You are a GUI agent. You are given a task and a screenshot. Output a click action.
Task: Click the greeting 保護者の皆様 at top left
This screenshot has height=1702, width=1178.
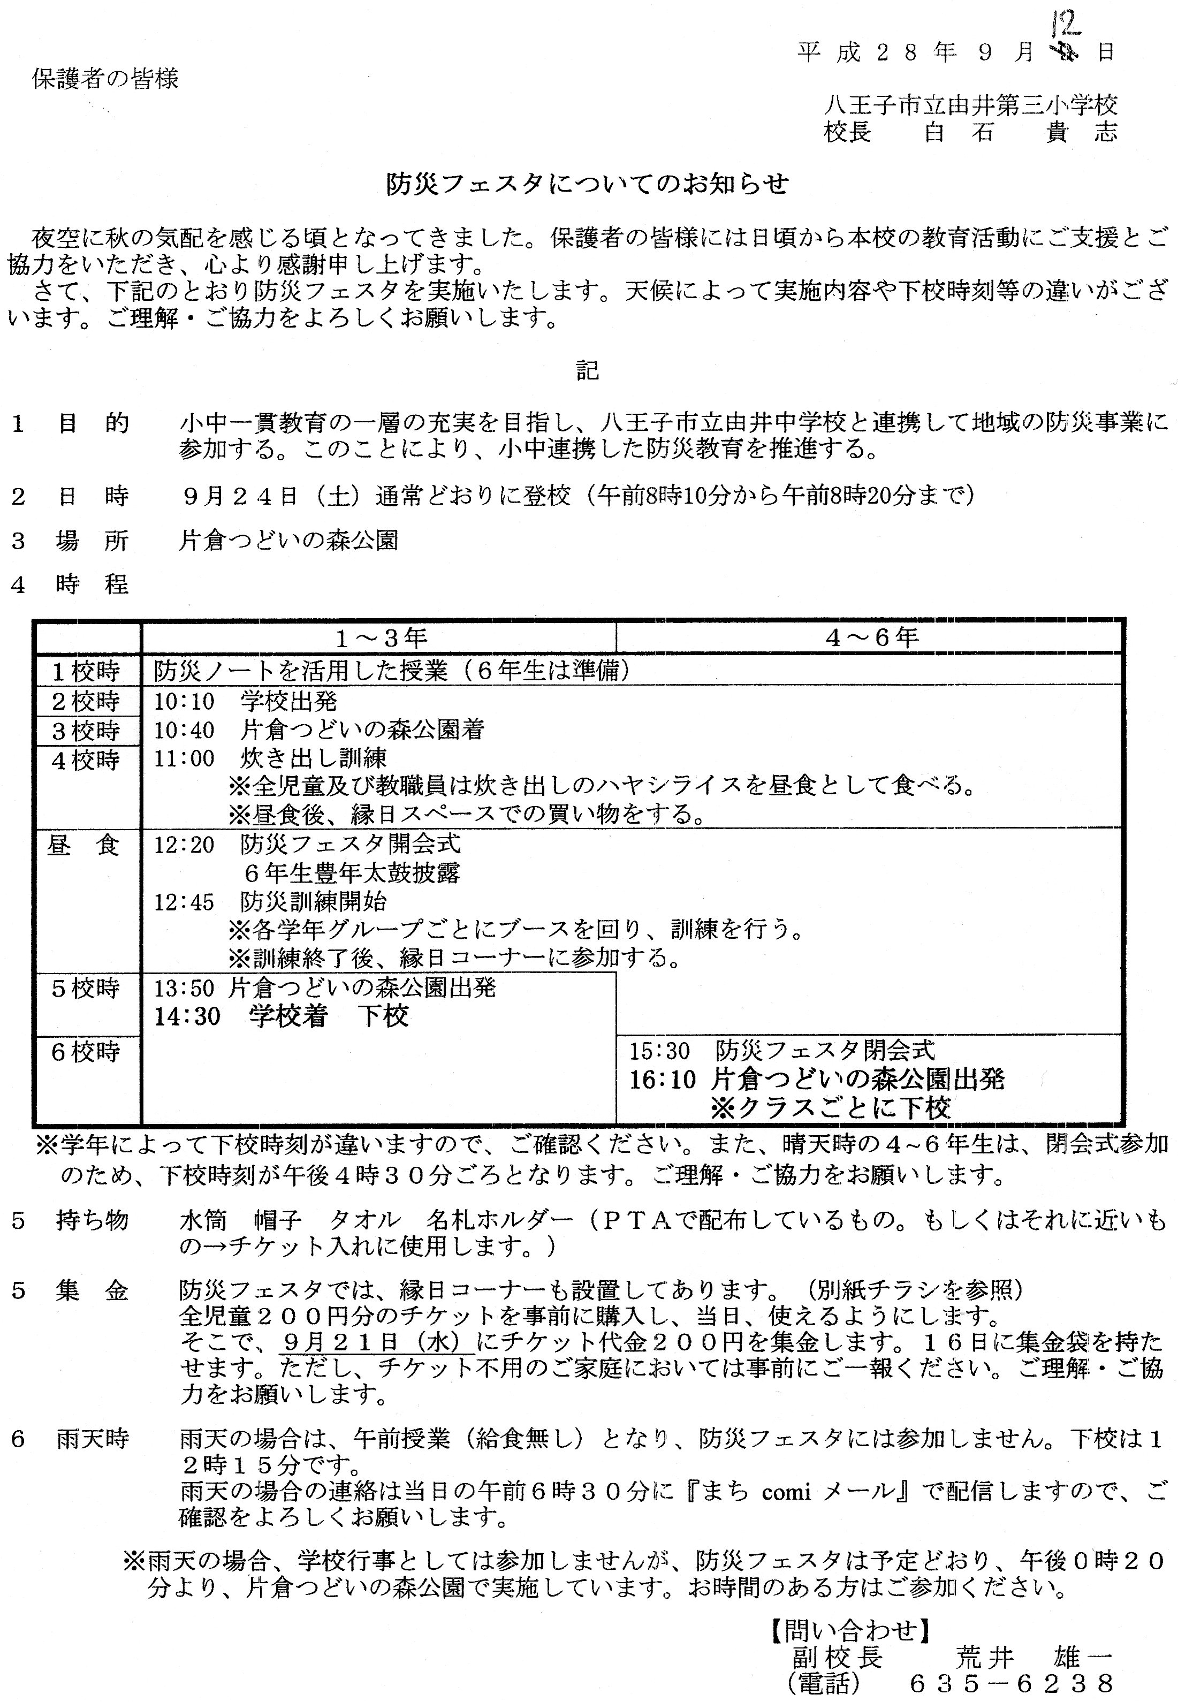105,78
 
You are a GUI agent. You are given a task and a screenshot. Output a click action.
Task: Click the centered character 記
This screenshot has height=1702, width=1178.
588,370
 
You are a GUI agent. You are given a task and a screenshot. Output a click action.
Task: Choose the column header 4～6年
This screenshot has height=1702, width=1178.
871,637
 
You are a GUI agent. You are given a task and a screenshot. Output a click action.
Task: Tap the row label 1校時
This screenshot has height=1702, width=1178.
86,671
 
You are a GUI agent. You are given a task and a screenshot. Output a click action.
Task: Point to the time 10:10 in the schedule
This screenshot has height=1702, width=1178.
184,701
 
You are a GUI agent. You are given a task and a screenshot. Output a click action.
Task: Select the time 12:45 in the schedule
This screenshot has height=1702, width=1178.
184,902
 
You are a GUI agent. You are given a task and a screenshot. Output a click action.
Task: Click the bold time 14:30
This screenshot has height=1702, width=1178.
187,1017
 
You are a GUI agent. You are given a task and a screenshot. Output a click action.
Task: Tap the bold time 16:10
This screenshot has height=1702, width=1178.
662,1080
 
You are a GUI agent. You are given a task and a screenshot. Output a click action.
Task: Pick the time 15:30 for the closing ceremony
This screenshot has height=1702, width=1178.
659,1050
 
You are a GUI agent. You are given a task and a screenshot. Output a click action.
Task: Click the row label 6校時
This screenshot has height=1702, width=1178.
86,1051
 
